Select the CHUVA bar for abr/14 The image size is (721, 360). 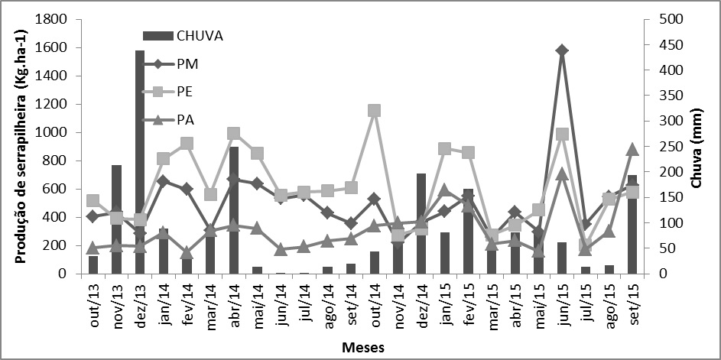234,210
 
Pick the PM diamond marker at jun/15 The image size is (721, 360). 562,50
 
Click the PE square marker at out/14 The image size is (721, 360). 374,111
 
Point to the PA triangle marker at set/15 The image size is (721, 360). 632,150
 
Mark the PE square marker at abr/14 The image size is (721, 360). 234,134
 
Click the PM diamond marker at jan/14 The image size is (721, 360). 163,181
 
